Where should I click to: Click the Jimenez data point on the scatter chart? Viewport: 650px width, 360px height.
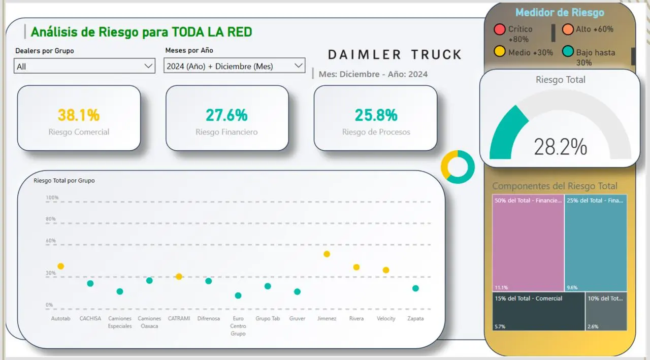[327, 254]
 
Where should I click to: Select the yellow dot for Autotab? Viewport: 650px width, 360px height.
[61, 266]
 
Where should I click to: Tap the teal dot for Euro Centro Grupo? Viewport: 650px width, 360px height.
[238, 296]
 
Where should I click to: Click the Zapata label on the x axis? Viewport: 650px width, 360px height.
[415, 319]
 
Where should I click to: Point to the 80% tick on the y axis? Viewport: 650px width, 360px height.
[51, 219]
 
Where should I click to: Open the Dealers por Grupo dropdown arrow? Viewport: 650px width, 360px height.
[148, 66]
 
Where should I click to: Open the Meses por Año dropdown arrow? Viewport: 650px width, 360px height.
[298, 66]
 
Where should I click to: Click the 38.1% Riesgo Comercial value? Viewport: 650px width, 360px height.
[79, 115]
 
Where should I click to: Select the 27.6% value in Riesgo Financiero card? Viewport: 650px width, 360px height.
[226, 115]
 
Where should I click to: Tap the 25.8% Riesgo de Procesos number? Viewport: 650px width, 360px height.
[376, 115]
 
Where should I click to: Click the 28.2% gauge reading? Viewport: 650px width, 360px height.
[560, 147]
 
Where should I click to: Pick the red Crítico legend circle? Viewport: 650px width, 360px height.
[500, 29]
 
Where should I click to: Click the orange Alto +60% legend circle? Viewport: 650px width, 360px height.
[568, 29]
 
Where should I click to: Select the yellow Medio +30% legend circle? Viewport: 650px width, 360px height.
[500, 52]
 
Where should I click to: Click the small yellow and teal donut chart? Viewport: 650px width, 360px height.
[458, 167]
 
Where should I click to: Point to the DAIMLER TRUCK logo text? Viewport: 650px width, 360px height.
[395, 54]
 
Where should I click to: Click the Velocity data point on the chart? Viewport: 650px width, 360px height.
[386, 270]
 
